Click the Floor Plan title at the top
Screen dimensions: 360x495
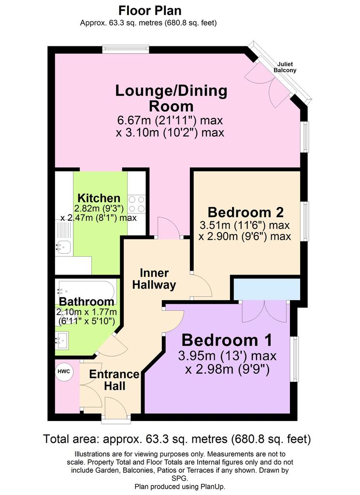coord(150,11)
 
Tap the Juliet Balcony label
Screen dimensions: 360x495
coord(285,67)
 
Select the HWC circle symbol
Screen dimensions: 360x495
coord(64,371)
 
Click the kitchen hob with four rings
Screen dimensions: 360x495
coord(137,204)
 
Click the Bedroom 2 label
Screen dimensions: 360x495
coord(245,212)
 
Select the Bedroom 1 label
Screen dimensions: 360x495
coord(227,340)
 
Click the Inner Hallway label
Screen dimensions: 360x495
coord(154,279)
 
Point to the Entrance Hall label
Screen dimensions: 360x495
coord(114,380)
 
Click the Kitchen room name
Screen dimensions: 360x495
coord(99,198)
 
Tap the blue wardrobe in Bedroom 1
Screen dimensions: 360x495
coord(267,289)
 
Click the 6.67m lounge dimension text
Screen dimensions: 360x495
coord(170,120)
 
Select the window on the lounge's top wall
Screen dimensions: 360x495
coord(126,48)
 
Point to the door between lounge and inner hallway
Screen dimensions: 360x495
coord(169,228)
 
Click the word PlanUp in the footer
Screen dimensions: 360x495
coord(212,486)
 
